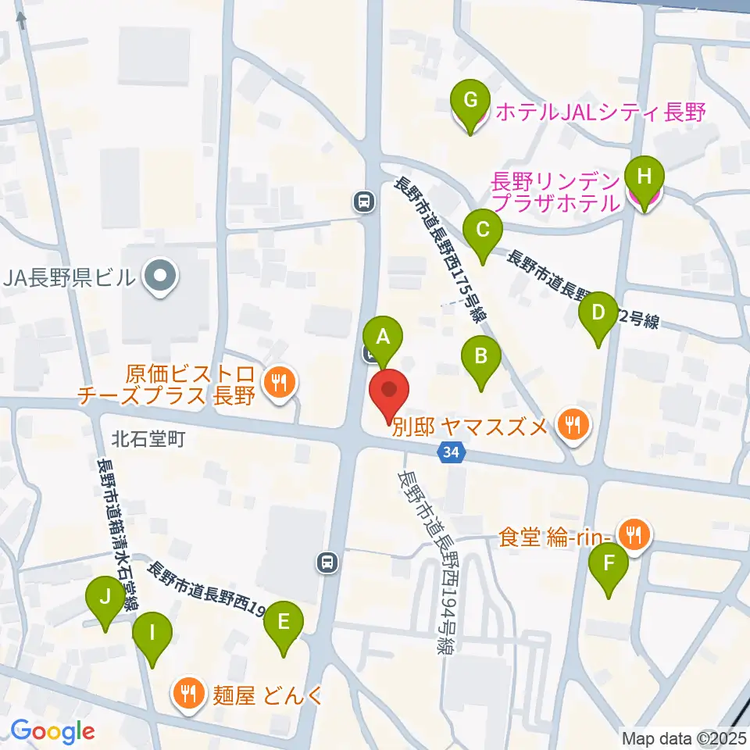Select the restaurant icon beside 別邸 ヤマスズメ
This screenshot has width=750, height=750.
click(x=573, y=426)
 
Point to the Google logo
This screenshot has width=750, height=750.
click(x=52, y=731)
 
